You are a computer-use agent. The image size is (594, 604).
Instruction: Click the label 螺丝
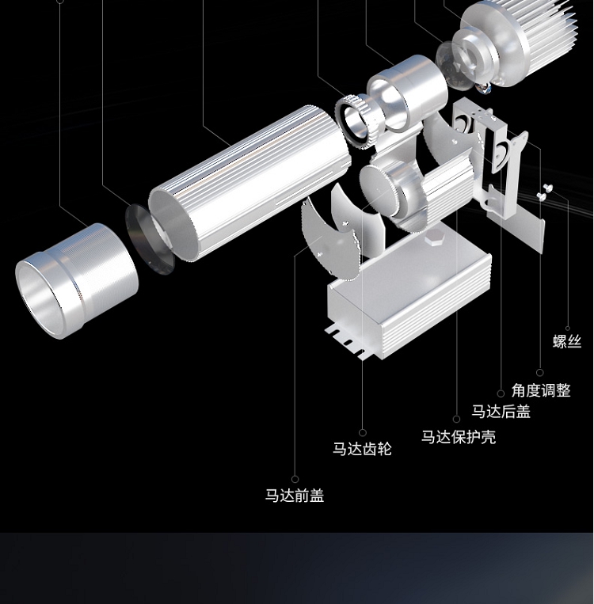click(x=566, y=342)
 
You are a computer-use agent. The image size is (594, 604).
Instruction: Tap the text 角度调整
click(x=540, y=390)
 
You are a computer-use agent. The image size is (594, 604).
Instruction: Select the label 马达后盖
click(x=501, y=412)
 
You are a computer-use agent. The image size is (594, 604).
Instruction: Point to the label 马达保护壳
click(x=458, y=437)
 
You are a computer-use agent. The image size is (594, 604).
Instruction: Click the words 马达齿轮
click(x=362, y=450)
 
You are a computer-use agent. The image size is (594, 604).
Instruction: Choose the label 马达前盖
click(x=295, y=496)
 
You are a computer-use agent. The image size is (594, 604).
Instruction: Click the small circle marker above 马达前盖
click(x=295, y=479)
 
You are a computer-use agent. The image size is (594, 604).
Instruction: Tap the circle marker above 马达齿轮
click(x=363, y=433)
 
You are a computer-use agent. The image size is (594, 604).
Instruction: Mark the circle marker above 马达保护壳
click(x=456, y=420)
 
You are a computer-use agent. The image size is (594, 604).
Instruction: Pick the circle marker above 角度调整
click(x=540, y=372)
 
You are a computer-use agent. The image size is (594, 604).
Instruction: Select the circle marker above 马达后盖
click(x=501, y=393)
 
